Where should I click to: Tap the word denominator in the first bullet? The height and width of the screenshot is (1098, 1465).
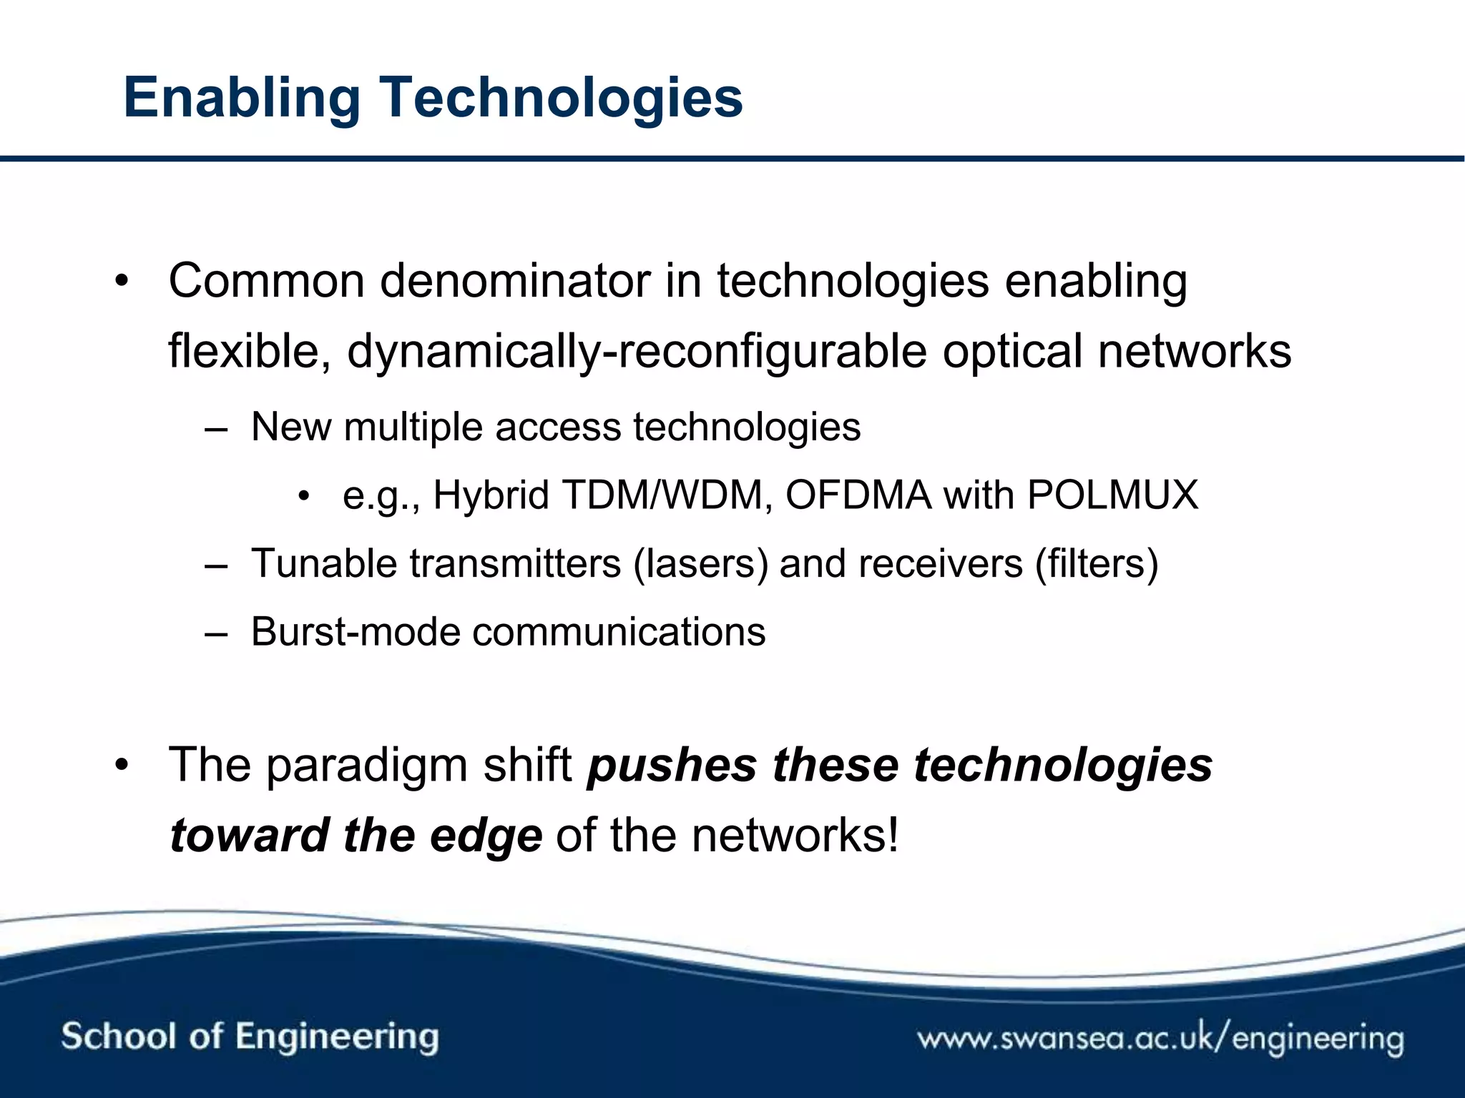point(514,281)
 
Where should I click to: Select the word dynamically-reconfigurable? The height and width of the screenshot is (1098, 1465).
point(637,352)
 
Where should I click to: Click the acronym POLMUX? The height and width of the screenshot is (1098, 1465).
point(1112,495)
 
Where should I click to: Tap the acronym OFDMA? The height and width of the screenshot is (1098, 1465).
point(858,495)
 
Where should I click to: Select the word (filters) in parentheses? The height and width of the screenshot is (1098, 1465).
point(1097,563)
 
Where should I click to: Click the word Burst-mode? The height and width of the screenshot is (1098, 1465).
point(355,632)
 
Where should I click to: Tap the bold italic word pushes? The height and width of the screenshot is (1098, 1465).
point(672,765)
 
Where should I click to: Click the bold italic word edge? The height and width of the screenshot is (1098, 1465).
point(486,835)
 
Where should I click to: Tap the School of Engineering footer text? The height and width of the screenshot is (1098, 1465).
point(250,1037)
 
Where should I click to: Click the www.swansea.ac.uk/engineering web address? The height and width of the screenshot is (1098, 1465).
point(1160,1038)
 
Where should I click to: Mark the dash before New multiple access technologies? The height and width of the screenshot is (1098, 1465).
point(216,429)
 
